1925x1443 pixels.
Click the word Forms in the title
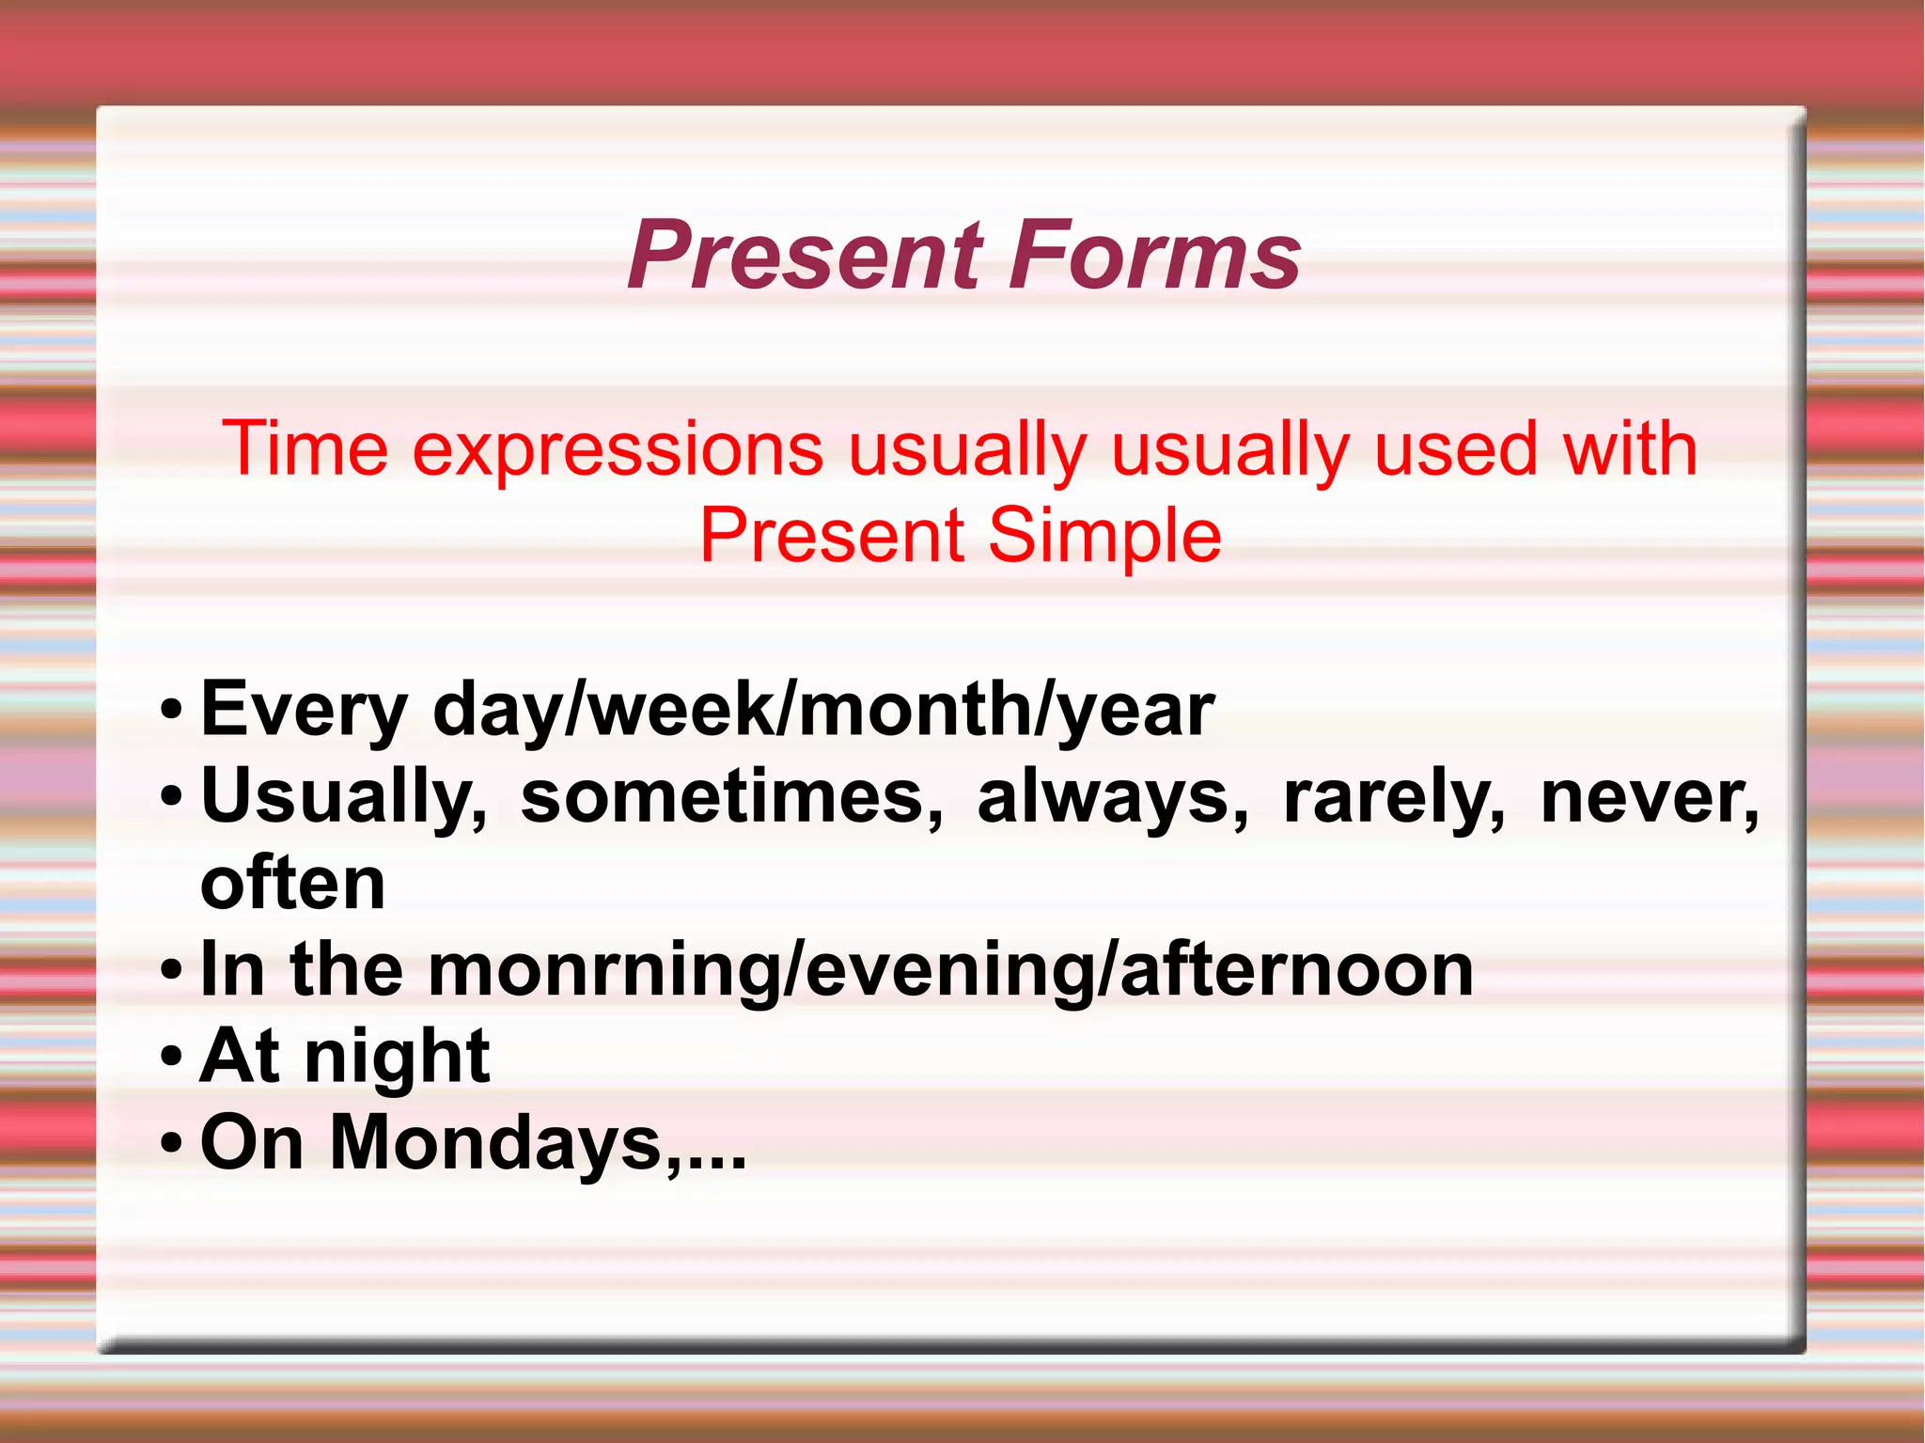1155,255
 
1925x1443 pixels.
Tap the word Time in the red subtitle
305,448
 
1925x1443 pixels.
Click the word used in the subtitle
1455,448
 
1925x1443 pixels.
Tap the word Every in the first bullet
304,710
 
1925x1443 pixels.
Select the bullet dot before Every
170,711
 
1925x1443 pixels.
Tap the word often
292,883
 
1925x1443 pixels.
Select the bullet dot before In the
170,970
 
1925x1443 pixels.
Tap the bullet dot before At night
170,1057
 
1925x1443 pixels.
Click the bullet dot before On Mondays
170,1143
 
